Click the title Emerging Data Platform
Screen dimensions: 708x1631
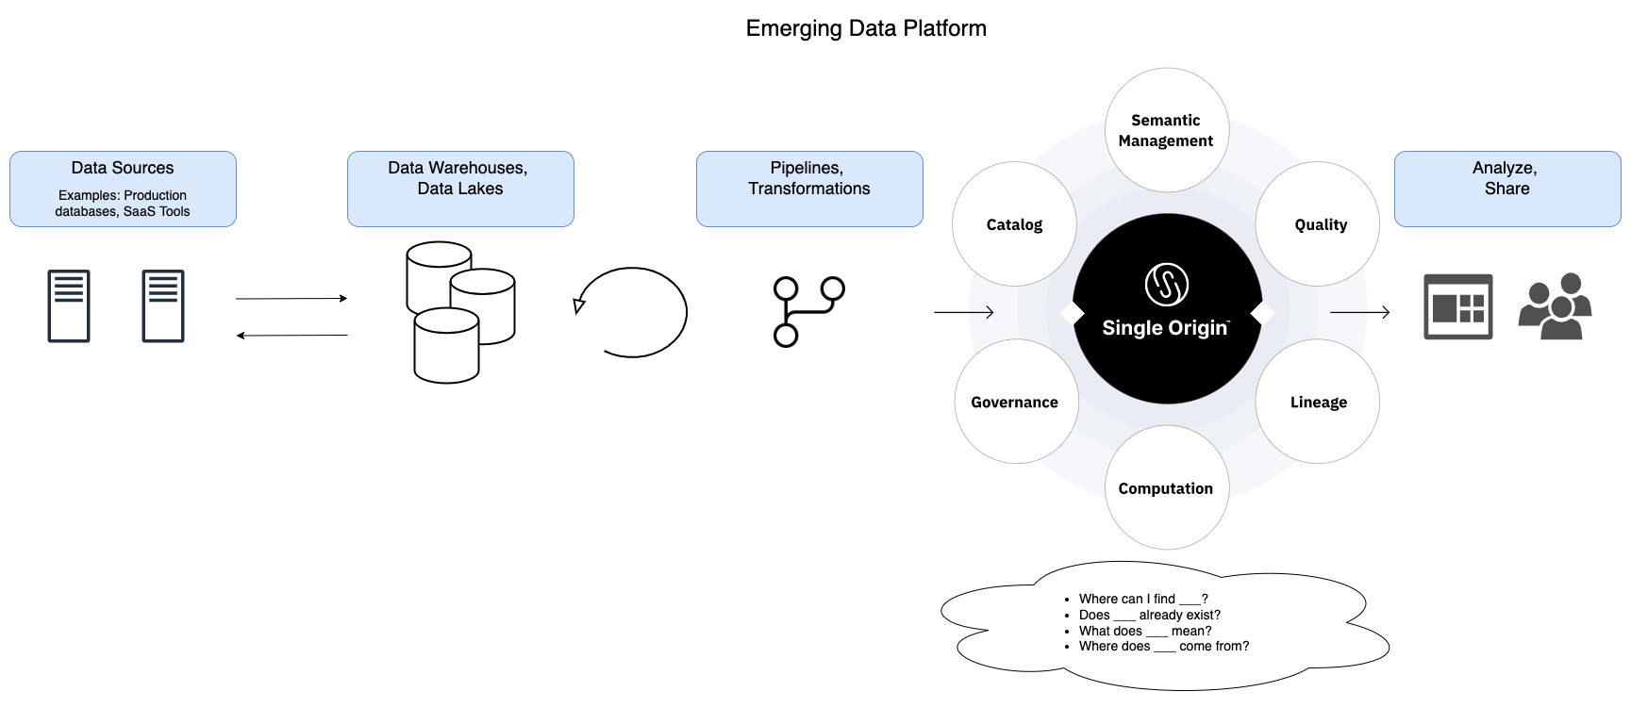(866, 28)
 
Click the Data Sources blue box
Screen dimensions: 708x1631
(123, 189)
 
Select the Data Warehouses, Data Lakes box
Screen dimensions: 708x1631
(460, 189)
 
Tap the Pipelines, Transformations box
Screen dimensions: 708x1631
(809, 189)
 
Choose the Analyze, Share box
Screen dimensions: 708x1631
(1506, 189)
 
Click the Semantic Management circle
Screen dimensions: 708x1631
(1166, 130)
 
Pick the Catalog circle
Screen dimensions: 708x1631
(1014, 224)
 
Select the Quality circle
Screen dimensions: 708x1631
(1319, 224)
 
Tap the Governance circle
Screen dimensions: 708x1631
(1015, 402)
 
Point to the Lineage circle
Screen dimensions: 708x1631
(1318, 402)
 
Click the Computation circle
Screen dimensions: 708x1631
(1166, 488)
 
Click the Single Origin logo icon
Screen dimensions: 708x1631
(1166, 284)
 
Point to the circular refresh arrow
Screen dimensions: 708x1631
(632, 312)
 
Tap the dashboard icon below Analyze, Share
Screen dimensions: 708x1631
(1457, 306)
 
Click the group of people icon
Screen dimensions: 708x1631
(1555, 306)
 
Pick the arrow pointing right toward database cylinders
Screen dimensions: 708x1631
(291, 299)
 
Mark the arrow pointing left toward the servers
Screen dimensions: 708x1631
(291, 335)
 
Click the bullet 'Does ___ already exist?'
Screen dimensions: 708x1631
(1149, 615)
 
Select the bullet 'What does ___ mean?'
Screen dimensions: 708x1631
(1144, 631)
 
